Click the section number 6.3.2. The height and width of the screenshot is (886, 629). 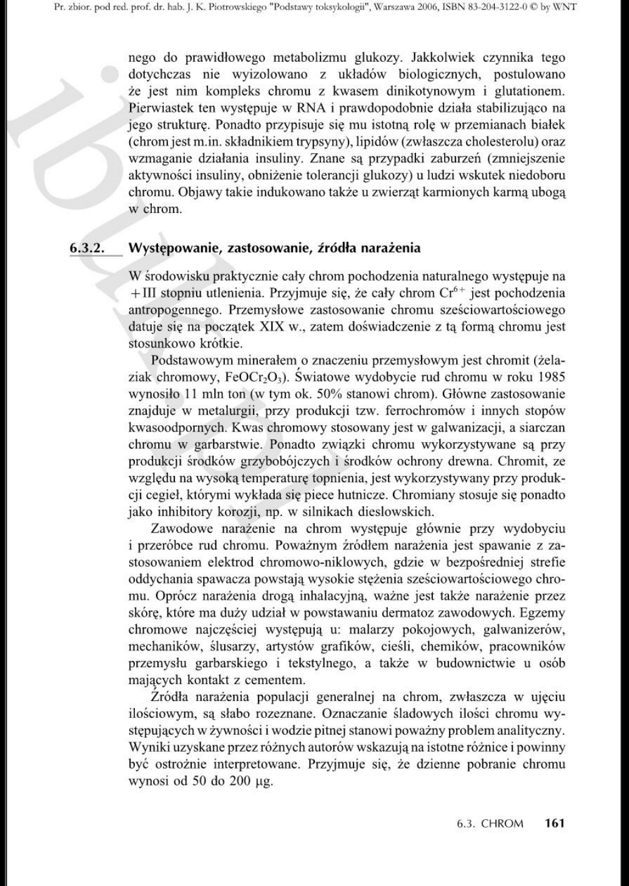[86, 248]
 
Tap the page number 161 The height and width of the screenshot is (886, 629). [554, 823]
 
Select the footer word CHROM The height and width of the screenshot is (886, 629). [502, 824]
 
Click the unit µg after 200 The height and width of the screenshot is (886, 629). [264, 782]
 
